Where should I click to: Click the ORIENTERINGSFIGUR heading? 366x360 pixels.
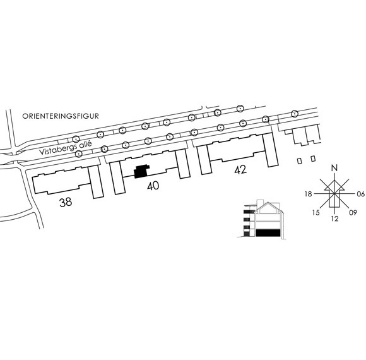click(61, 116)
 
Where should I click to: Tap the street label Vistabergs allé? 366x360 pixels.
click(66, 148)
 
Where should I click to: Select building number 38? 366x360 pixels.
click(66, 202)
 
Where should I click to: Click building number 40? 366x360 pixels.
click(153, 186)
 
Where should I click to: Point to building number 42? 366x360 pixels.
click(240, 170)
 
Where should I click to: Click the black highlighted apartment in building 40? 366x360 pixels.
click(141, 172)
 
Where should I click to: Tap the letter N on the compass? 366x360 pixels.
click(334, 168)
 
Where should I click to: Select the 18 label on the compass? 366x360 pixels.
click(309, 194)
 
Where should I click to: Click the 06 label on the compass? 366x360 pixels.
click(360, 194)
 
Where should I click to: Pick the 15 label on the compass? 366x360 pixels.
click(316, 213)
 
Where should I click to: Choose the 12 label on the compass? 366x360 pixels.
click(334, 219)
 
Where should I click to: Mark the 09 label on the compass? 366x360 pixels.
click(353, 213)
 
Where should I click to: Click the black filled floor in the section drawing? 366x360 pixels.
click(268, 233)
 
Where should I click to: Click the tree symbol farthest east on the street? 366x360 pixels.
click(295, 114)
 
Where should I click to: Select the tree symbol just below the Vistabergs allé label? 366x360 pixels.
click(79, 153)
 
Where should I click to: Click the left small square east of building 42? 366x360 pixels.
click(300, 161)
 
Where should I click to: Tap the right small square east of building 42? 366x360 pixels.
click(313, 159)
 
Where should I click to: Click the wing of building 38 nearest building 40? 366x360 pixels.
click(96, 182)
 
